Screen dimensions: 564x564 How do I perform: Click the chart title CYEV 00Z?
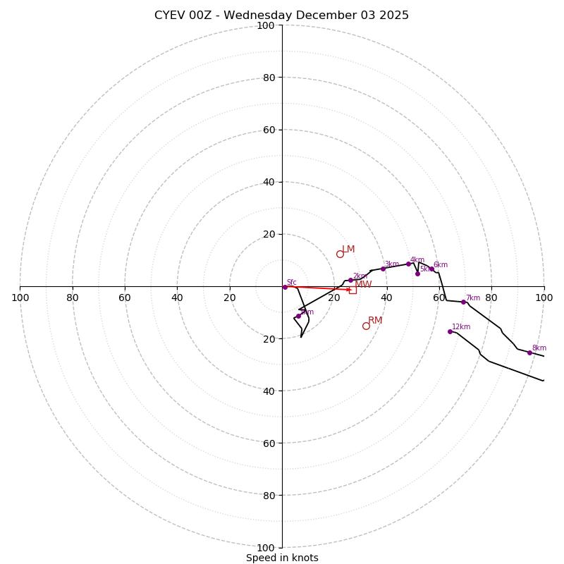[281, 16]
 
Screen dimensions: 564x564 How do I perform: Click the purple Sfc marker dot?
[285, 287]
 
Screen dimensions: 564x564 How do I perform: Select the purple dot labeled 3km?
[383, 269]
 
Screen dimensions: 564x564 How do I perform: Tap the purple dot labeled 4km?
[408, 264]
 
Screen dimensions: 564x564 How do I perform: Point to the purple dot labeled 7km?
[463, 302]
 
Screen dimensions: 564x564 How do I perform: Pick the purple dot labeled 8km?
[529, 352]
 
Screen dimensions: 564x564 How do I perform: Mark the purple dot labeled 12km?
[450, 331]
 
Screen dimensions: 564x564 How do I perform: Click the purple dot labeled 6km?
[431, 269]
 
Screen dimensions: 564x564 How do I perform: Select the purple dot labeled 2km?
[350, 280]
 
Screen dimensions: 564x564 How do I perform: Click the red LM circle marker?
[340, 254]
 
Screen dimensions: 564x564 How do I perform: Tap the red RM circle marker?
[366, 326]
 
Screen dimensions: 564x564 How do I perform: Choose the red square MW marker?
[352, 290]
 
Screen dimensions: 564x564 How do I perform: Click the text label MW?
[363, 285]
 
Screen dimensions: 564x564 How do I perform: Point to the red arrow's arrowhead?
[348, 289]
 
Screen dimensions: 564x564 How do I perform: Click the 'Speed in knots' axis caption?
[282, 558]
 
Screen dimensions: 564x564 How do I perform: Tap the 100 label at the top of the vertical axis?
[266, 25]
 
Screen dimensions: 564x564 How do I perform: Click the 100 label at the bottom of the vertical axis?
[266, 548]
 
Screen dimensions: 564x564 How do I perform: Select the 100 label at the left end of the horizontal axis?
[20, 298]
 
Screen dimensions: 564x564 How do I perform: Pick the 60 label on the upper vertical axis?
[269, 130]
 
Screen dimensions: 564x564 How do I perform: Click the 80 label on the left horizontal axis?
[73, 298]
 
